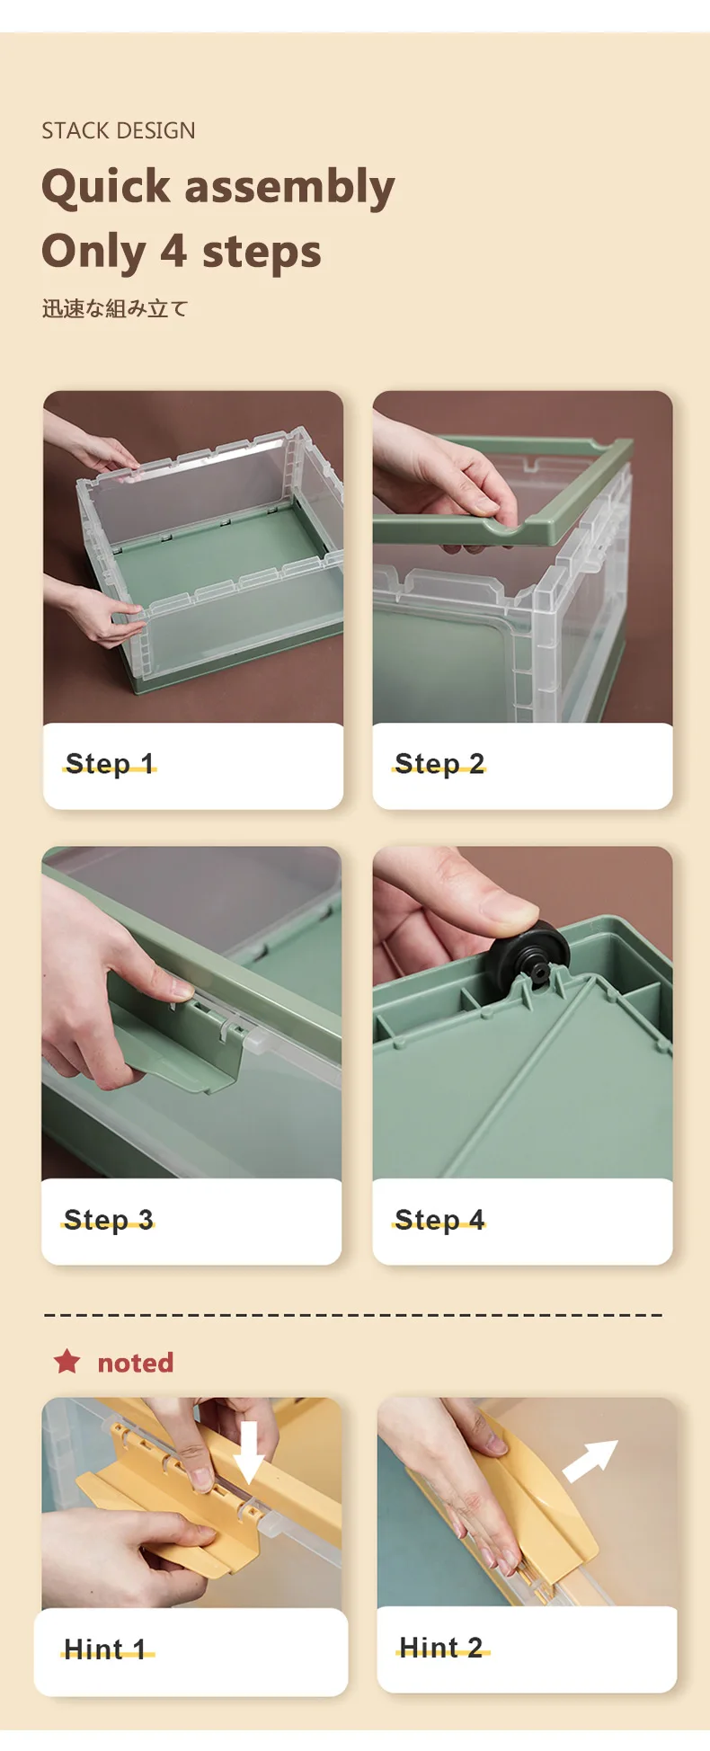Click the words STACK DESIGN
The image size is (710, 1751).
coord(118,130)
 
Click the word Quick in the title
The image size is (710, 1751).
coord(105,188)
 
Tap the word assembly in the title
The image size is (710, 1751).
coord(289,188)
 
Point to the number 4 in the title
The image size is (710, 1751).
coord(173,251)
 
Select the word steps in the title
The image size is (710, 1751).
coord(262,253)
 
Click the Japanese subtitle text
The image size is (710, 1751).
coord(115,308)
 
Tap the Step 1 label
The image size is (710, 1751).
coord(110,763)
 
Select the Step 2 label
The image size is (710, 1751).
coord(439,763)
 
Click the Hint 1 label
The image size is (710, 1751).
coord(105,1649)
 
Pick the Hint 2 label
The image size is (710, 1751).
coord(441,1647)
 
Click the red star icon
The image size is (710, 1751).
coord(67,1362)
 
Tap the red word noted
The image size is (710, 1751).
coord(136,1363)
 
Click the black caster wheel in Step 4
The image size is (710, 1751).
coord(530,953)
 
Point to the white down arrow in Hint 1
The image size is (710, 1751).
coord(249,1452)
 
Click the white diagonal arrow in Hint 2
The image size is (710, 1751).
coord(590,1461)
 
